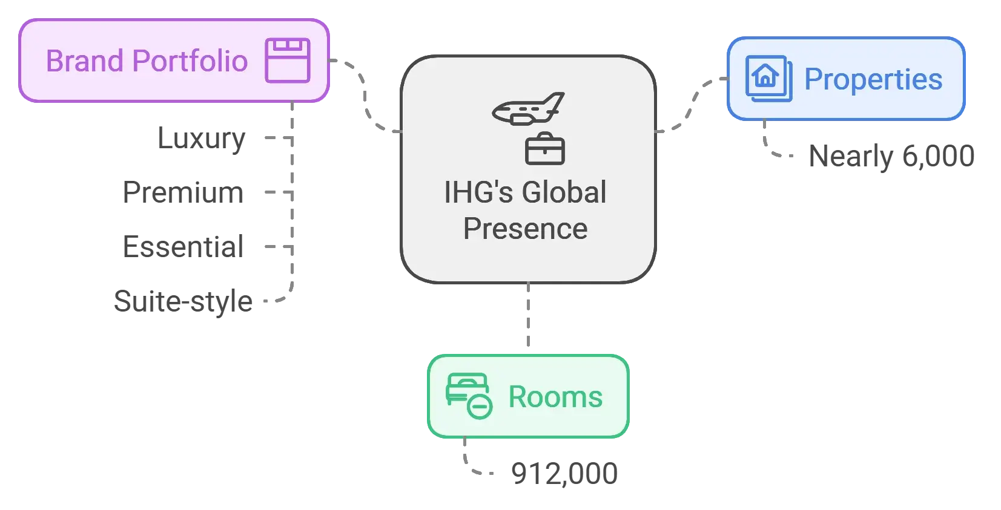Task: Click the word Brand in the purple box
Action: click(85, 61)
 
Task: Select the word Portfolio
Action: click(190, 61)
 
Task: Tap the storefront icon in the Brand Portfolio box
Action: click(288, 60)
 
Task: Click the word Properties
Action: click(873, 79)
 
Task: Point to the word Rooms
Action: click(555, 397)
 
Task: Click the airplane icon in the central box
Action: click(528, 109)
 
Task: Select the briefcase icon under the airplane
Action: click(544, 149)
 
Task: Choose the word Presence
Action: click(525, 229)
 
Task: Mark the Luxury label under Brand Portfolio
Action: click(201, 139)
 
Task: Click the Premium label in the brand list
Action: click(184, 192)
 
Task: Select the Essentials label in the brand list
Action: click(182, 247)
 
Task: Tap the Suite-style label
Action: click(182, 301)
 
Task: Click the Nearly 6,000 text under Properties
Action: click(893, 155)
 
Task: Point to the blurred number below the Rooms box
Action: click(564, 472)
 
